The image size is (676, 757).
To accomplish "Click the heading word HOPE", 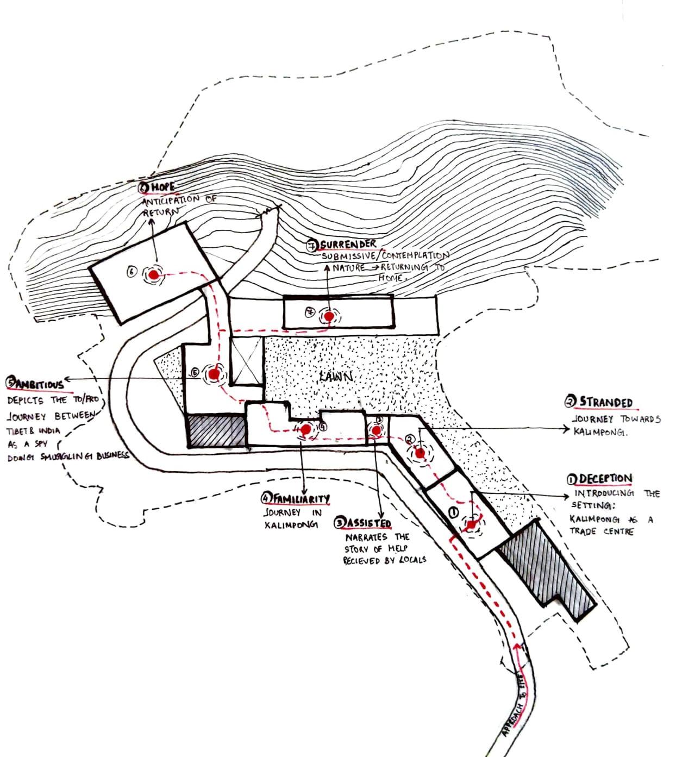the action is coord(163,187).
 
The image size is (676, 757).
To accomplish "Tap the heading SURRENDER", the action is coord(348,245).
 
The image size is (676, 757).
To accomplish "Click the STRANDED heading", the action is coord(606,403).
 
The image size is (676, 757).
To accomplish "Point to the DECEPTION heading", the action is coord(605,479).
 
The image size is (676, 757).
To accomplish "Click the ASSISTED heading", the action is coord(368,523).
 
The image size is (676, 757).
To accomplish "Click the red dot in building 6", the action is coord(154,276).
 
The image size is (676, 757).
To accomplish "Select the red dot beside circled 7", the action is coord(329,316).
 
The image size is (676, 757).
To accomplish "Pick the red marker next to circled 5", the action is coord(214,374).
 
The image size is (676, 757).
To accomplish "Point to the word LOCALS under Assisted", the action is coord(412,560).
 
